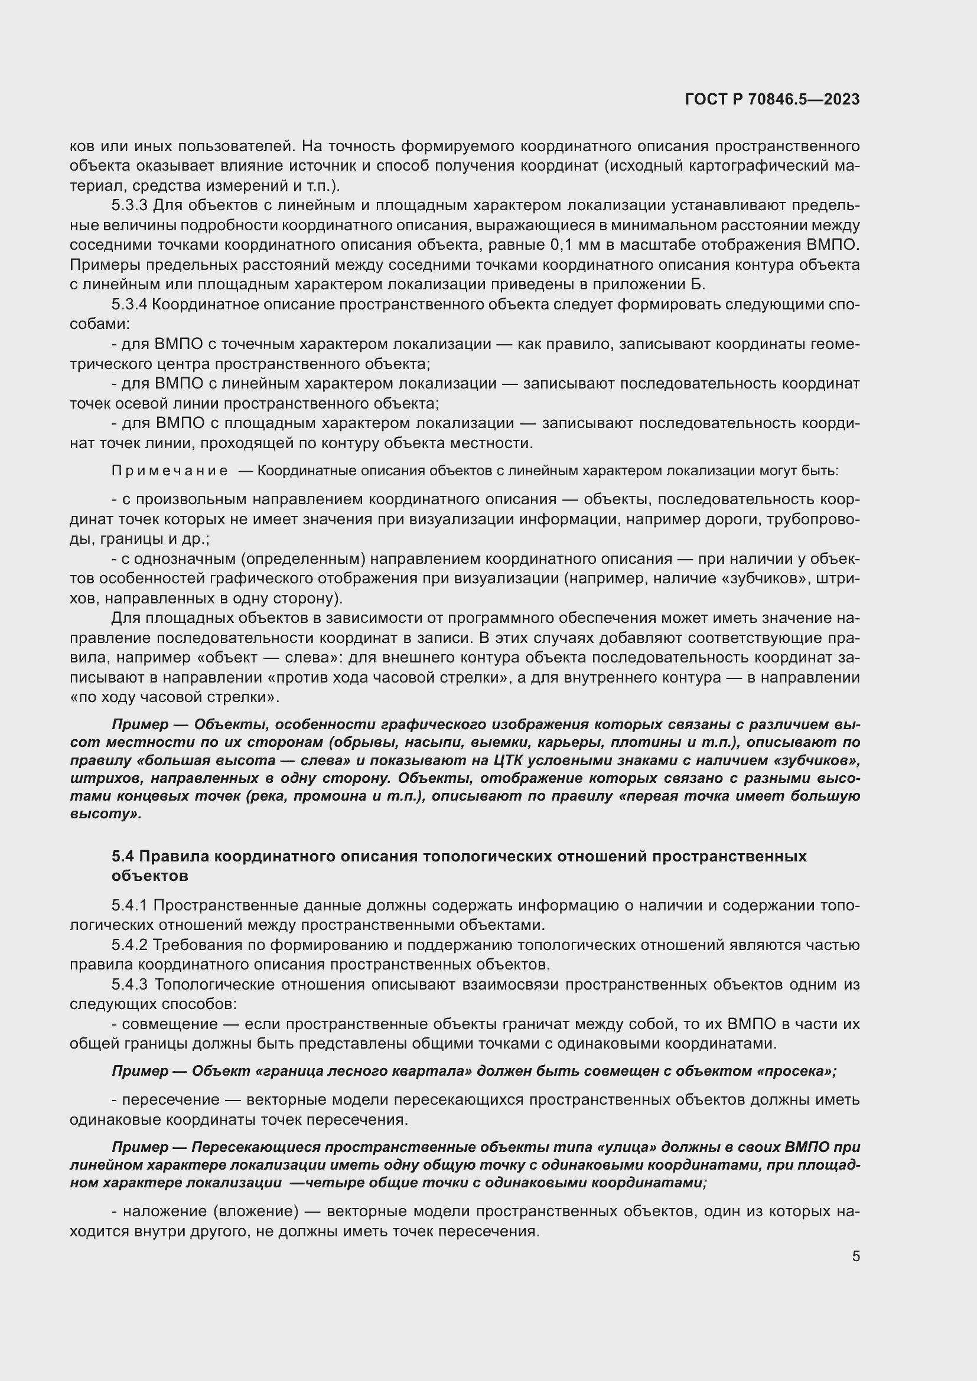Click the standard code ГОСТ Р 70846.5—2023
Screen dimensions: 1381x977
772,100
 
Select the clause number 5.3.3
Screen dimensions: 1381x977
129,205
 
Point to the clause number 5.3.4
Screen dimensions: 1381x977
129,304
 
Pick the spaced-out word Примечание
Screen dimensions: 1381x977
170,471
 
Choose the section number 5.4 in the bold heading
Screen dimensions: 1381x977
123,856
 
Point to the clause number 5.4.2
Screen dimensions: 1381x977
129,945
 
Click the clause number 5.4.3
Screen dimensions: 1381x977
129,985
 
